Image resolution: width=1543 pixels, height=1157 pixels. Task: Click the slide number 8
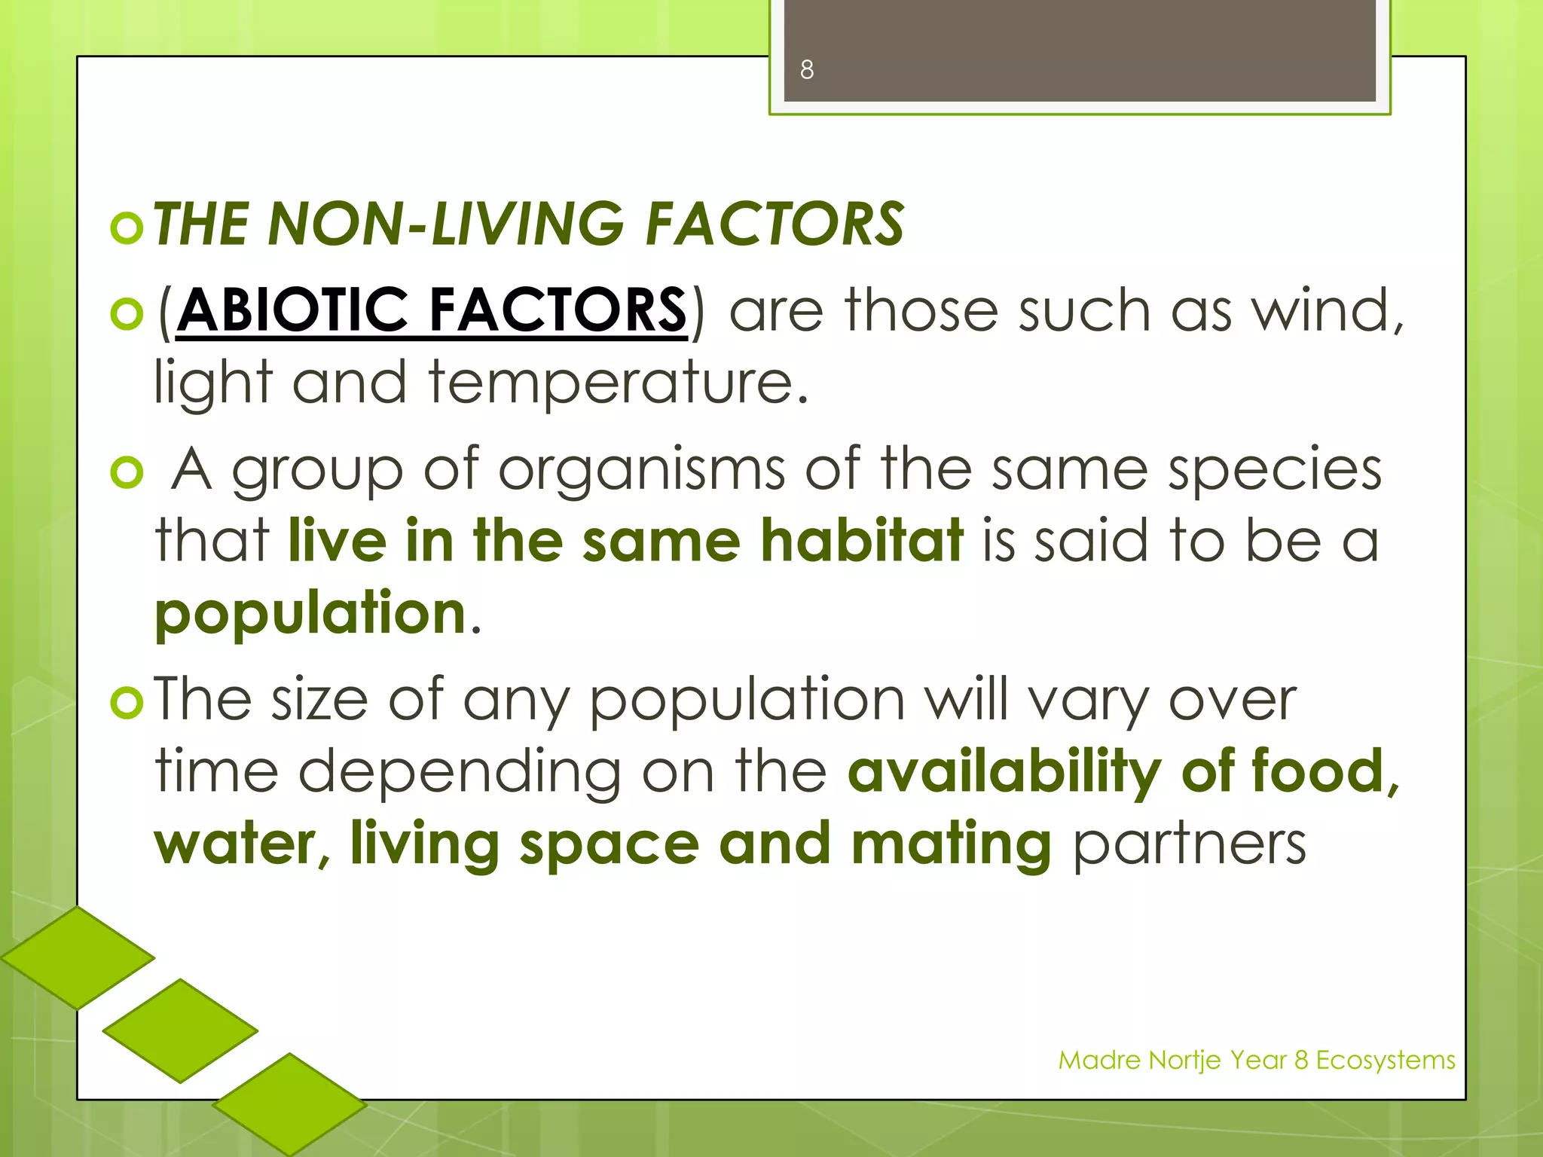(807, 70)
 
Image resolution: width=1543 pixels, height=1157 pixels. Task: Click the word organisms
(641, 469)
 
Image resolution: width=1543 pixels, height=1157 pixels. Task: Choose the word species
(1275, 469)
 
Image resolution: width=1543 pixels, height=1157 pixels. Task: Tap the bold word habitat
(862, 539)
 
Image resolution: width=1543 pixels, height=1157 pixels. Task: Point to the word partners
(1189, 843)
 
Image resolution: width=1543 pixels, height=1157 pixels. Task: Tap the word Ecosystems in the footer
(1386, 1060)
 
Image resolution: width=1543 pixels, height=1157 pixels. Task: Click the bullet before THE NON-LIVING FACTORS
(127, 227)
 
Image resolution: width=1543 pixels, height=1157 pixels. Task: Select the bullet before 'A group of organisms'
(127, 473)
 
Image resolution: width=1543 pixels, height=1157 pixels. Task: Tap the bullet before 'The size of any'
(127, 703)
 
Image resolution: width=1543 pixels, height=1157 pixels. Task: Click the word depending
(460, 772)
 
